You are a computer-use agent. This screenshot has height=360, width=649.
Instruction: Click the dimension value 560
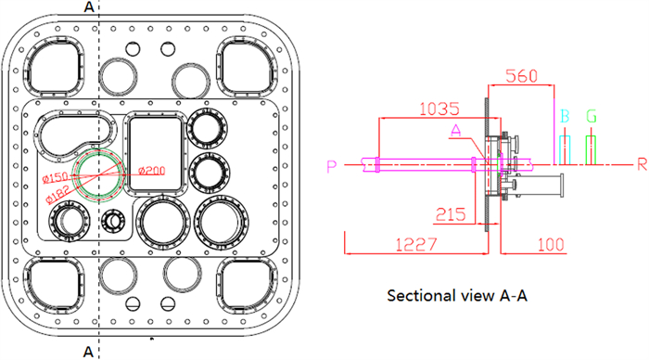coord(521,76)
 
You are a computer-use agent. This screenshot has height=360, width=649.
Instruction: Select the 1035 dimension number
coord(439,109)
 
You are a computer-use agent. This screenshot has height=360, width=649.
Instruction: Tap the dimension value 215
coord(451,214)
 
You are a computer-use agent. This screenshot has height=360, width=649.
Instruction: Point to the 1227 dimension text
coord(416,245)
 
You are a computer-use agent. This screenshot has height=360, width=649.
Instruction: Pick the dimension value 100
coord(551,245)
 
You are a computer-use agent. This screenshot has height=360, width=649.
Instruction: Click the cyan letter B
coord(565,116)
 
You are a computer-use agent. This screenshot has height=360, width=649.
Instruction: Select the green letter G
coord(592,116)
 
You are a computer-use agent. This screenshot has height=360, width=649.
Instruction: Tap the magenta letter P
coord(332,166)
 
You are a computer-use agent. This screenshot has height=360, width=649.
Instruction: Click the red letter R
coord(642,165)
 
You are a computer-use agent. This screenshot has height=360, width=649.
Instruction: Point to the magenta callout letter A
coord(456,131)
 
